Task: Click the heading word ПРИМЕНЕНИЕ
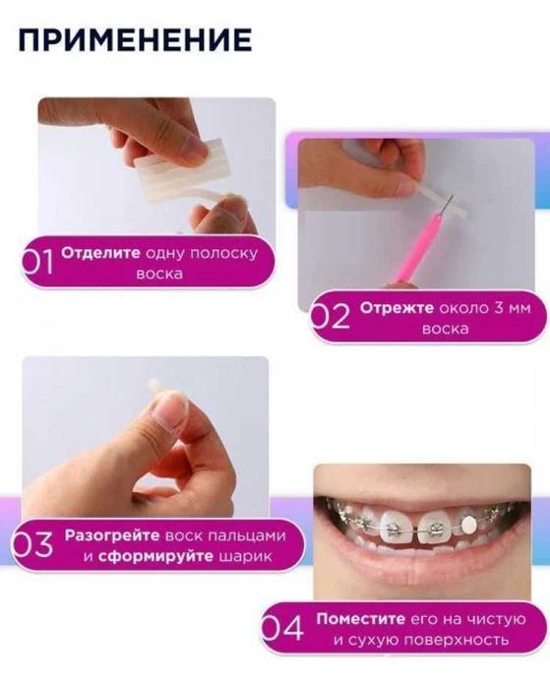pyautogui.click(x=134, y=39)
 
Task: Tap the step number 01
pyautogui.click(x=39, y=261)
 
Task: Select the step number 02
pyautogui.click(x=330, y=318)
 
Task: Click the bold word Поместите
pyautogui.click(x=355, y=619)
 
